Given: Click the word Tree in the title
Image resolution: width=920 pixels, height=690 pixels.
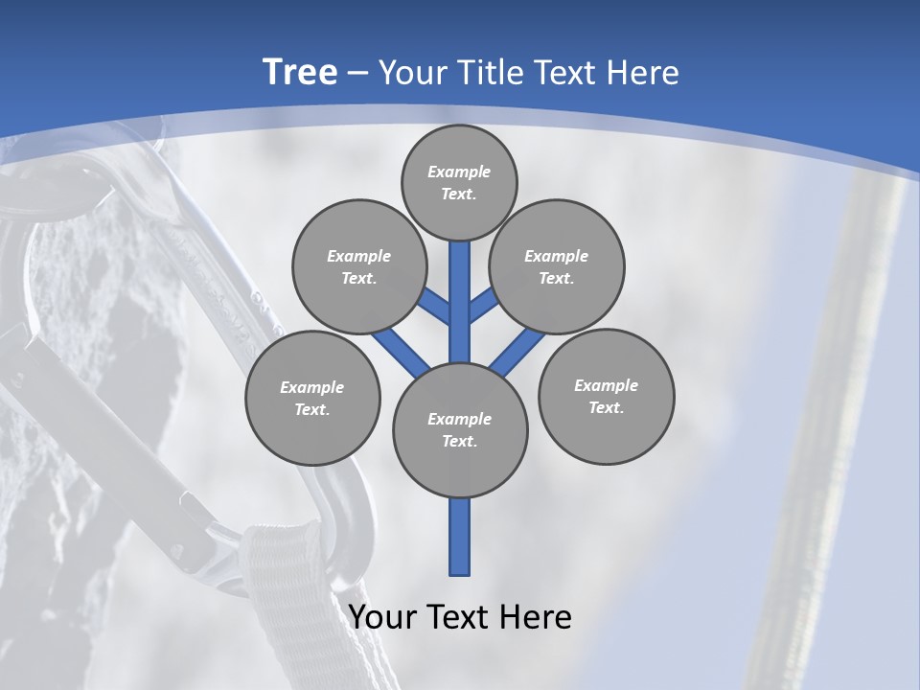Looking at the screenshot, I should pos(300,72).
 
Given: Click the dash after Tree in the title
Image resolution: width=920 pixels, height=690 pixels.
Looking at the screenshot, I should pos(358,74).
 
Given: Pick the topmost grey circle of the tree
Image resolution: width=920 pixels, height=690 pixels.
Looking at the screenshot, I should pos(459,182).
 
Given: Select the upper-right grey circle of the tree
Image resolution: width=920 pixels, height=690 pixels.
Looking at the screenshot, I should pos(556,266).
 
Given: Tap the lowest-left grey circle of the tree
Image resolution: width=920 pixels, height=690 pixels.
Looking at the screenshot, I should pos(312,398).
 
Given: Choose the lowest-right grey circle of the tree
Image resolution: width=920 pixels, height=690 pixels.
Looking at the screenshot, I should pos(606,396).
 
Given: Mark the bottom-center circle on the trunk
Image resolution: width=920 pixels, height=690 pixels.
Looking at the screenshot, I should pos(460,429).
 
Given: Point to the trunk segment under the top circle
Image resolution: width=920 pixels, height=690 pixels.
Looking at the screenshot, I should pos(460,287).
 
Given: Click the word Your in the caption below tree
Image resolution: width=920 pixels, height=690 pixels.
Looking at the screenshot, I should pos(382,617).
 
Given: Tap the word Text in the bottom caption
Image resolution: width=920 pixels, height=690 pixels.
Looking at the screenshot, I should pos(460,617).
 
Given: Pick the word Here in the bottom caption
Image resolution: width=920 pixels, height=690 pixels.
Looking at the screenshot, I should pos(536,617).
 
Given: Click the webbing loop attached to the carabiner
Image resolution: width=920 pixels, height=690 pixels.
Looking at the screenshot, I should pos(287,594).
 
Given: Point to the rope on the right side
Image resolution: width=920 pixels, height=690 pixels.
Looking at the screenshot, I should pos(824,431).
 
